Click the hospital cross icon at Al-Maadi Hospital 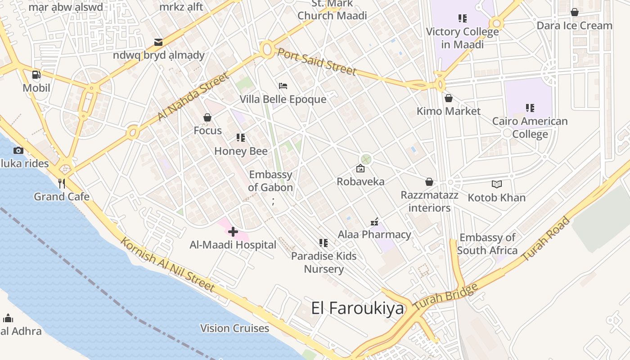233,232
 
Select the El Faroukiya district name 358,308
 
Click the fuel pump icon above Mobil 36,75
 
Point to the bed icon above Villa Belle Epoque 283,86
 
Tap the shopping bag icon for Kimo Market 448,98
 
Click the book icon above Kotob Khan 496,184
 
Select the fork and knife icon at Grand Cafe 62,183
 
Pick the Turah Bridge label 445,297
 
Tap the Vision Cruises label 234,328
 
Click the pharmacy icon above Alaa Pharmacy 374,221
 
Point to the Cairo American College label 530,127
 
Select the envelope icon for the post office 158,42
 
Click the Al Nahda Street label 193,97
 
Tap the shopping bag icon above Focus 207,117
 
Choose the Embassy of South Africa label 487,244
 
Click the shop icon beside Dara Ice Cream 574,12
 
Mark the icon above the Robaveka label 360,169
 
